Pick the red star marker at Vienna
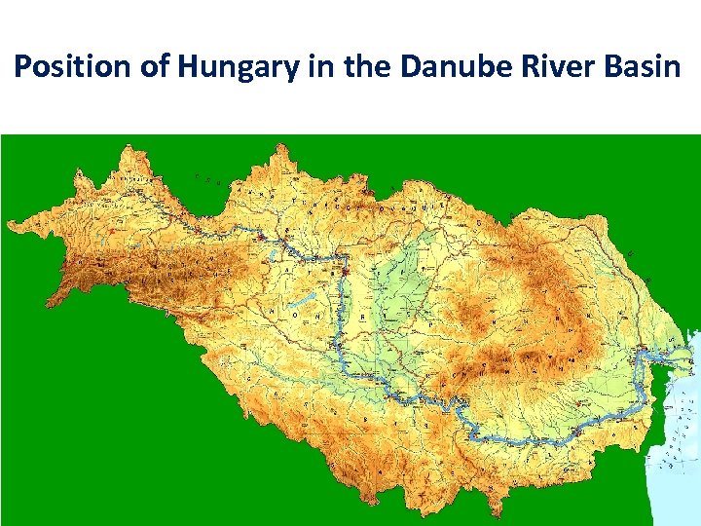(x=261, y=236)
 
